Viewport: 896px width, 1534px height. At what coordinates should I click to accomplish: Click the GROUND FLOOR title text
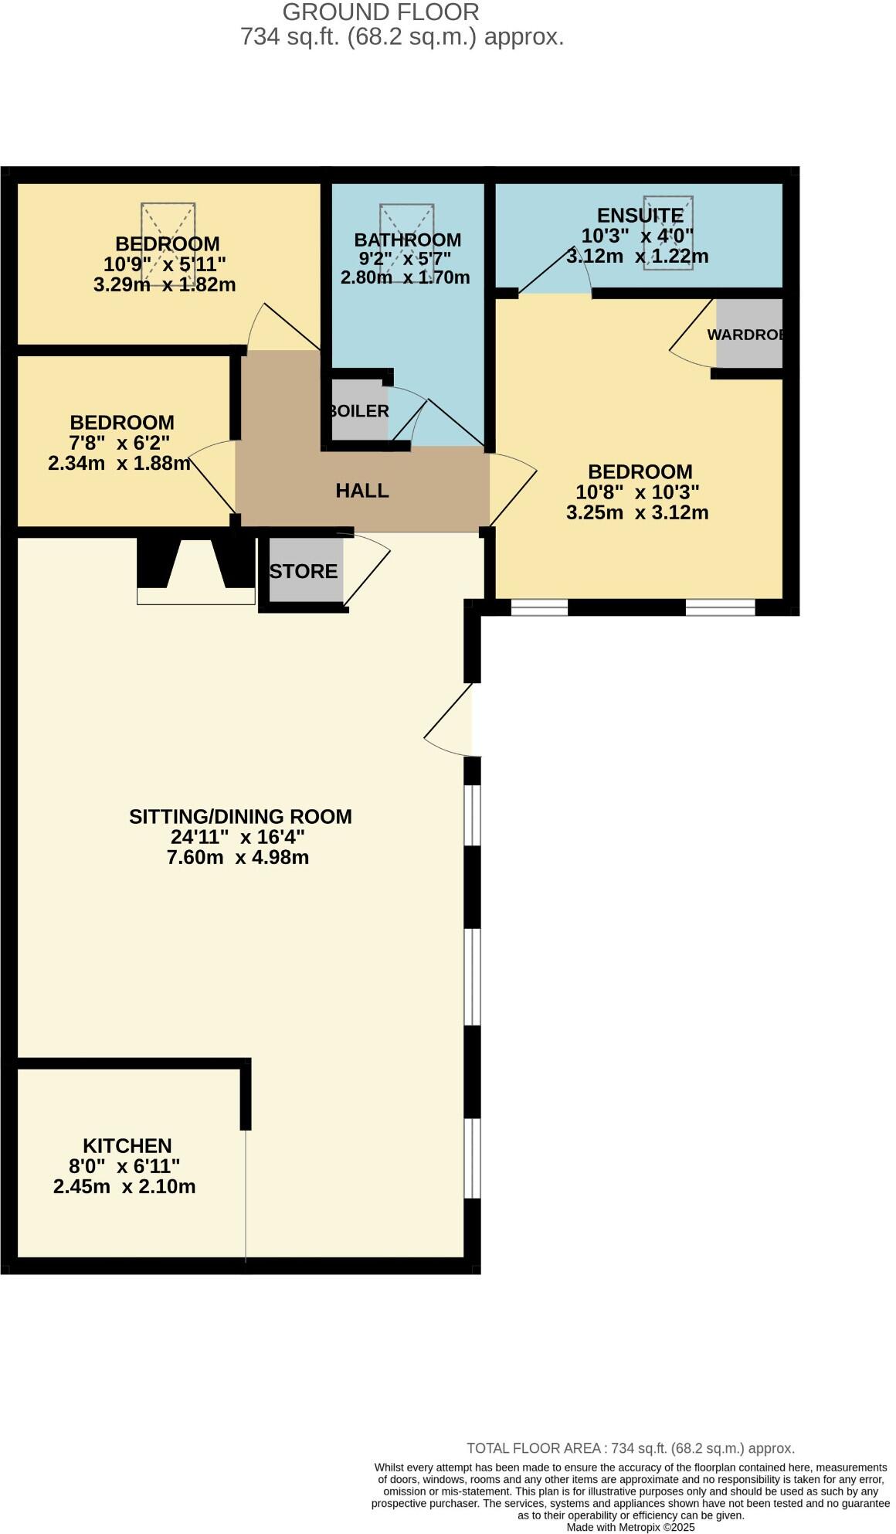pos(381,12)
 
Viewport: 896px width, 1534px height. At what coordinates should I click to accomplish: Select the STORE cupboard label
pos(304,572)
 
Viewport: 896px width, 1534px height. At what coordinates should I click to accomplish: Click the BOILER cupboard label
pos(359,411)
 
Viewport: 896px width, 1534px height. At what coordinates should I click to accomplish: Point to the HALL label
pos(362,491)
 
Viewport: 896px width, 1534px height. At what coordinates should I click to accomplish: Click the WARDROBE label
pos(746,335)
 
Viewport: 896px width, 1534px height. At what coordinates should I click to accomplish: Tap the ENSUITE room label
pos(640,216)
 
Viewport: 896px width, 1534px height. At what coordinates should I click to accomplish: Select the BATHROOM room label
pos(408,240)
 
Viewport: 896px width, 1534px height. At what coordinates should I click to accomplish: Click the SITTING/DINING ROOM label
pos(240,817)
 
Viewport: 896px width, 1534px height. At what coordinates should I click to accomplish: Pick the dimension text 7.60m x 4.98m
pos(238,857)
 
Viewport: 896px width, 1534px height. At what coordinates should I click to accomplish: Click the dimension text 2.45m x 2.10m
pos(124,1187)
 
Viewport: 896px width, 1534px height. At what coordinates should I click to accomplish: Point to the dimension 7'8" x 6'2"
pos(120,443)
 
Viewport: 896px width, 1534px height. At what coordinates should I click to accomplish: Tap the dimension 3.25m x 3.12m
pos(637,512)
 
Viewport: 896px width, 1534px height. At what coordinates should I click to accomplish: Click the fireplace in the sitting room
pos(195,572)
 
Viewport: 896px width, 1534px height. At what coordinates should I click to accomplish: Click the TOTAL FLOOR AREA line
pos(630,1448)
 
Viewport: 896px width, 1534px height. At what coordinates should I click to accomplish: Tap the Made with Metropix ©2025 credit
pos(630,1527)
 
